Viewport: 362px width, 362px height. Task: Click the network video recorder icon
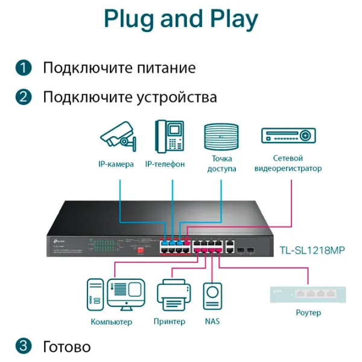click(x=288, y=135)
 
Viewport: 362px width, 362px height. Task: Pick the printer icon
click(x=174, y=296)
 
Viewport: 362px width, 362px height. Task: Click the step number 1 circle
click(x=23, y=68)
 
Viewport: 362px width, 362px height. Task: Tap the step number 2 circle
click(x=23, y=97)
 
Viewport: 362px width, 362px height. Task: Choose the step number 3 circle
click(x=23, y=346)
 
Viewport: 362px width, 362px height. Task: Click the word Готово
click(x=66, y=347)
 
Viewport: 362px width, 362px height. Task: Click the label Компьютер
click(x=111, y=322)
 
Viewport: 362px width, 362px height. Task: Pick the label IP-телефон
click(x=165, y=164)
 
